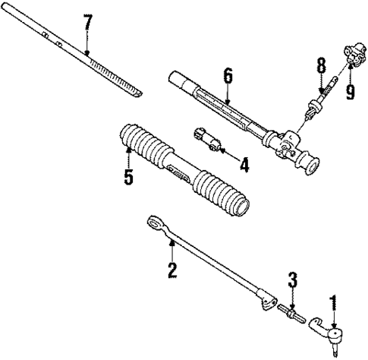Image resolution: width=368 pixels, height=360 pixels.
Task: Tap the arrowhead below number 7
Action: (x=88, y=52)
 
